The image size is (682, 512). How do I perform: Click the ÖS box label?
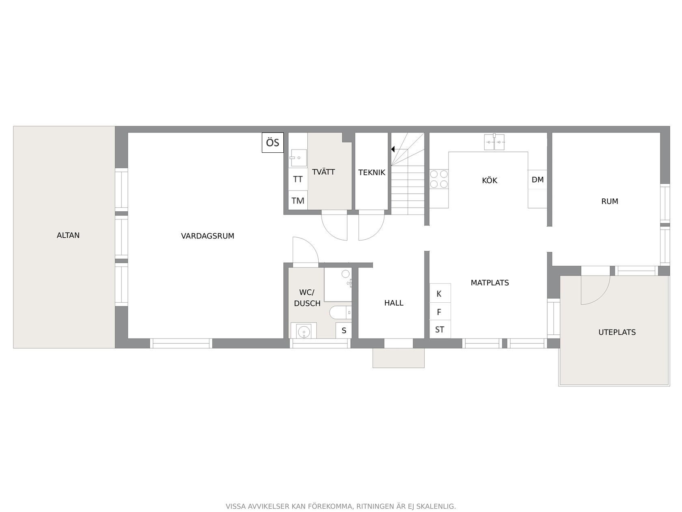[272, 143]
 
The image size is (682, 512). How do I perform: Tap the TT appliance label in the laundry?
[298, 179]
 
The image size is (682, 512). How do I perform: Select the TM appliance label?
[298, 201]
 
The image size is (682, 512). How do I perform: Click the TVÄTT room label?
[324, 171]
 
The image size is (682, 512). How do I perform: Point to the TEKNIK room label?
[371, 173]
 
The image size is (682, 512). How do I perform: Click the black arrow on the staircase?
[393, 149]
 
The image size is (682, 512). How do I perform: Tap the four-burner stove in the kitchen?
[439, 179]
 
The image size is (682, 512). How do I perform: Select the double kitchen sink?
[494, 142]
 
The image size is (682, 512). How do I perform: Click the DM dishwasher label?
[537, 180]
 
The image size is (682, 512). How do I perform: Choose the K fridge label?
[439, 294]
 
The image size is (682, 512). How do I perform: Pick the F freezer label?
[439, 312]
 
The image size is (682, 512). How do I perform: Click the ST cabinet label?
[439, 330]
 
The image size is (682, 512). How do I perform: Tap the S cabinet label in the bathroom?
[344, 330]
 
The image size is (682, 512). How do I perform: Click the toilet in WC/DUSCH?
[340, 312]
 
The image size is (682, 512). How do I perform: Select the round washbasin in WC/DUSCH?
[304, 332]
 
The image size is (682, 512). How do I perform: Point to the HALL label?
[394, 303]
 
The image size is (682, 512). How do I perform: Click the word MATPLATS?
[490, 283]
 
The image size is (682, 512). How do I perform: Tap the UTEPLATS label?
[617, 332]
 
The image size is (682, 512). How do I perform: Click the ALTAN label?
[68, 235]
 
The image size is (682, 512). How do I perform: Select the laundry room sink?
[298, 158]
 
